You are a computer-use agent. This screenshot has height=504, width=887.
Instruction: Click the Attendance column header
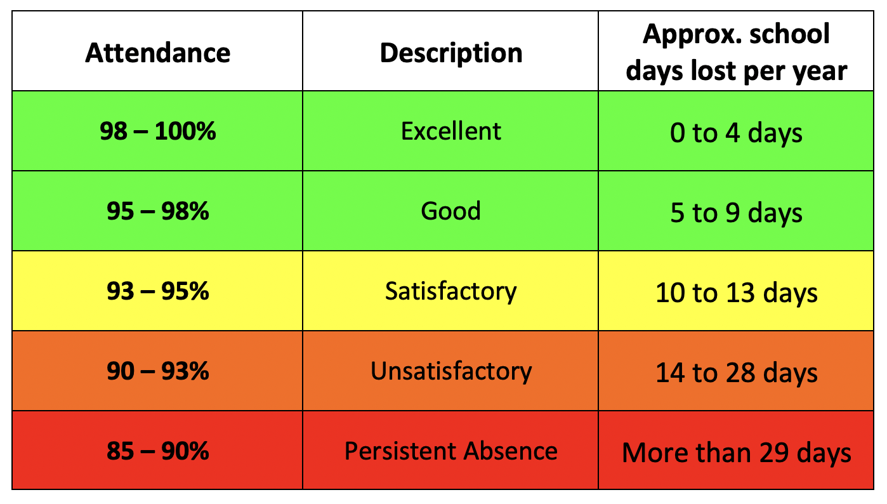(x=157, y=53)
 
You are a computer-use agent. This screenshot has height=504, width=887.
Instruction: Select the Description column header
(x=450, y=53)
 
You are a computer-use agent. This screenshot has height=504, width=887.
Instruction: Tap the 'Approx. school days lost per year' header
(x=736, y=53)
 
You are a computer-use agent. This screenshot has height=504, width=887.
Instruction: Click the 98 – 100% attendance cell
(x=157, y=131)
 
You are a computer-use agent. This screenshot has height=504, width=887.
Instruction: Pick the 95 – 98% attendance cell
(x=157, y=211)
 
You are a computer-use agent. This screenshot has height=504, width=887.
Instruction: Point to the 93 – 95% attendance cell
(x=157, y=291)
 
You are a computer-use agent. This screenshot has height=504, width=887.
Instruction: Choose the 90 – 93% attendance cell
(x=157, y=371)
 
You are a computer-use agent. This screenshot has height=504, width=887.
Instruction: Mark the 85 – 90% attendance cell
(x=157, y=451)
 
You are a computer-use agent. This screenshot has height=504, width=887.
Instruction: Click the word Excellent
(x=450, y=131)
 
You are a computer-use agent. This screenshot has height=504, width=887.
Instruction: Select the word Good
(x=450, y=211)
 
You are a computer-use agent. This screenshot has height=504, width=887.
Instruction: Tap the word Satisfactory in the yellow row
(x=450, y=291)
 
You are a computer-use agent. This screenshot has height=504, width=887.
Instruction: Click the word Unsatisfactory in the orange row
(x=450, y=371)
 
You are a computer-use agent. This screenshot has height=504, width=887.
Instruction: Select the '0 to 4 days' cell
(x=736, y=133)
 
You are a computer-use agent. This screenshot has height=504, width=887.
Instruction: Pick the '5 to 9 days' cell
(x=736, y=213)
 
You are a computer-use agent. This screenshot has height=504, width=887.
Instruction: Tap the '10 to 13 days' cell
(x=736, y=293)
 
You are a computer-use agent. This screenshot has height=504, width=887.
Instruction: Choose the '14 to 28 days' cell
(x=736, y=373)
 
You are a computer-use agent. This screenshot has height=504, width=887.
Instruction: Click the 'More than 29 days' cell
(x=736, y=453)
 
